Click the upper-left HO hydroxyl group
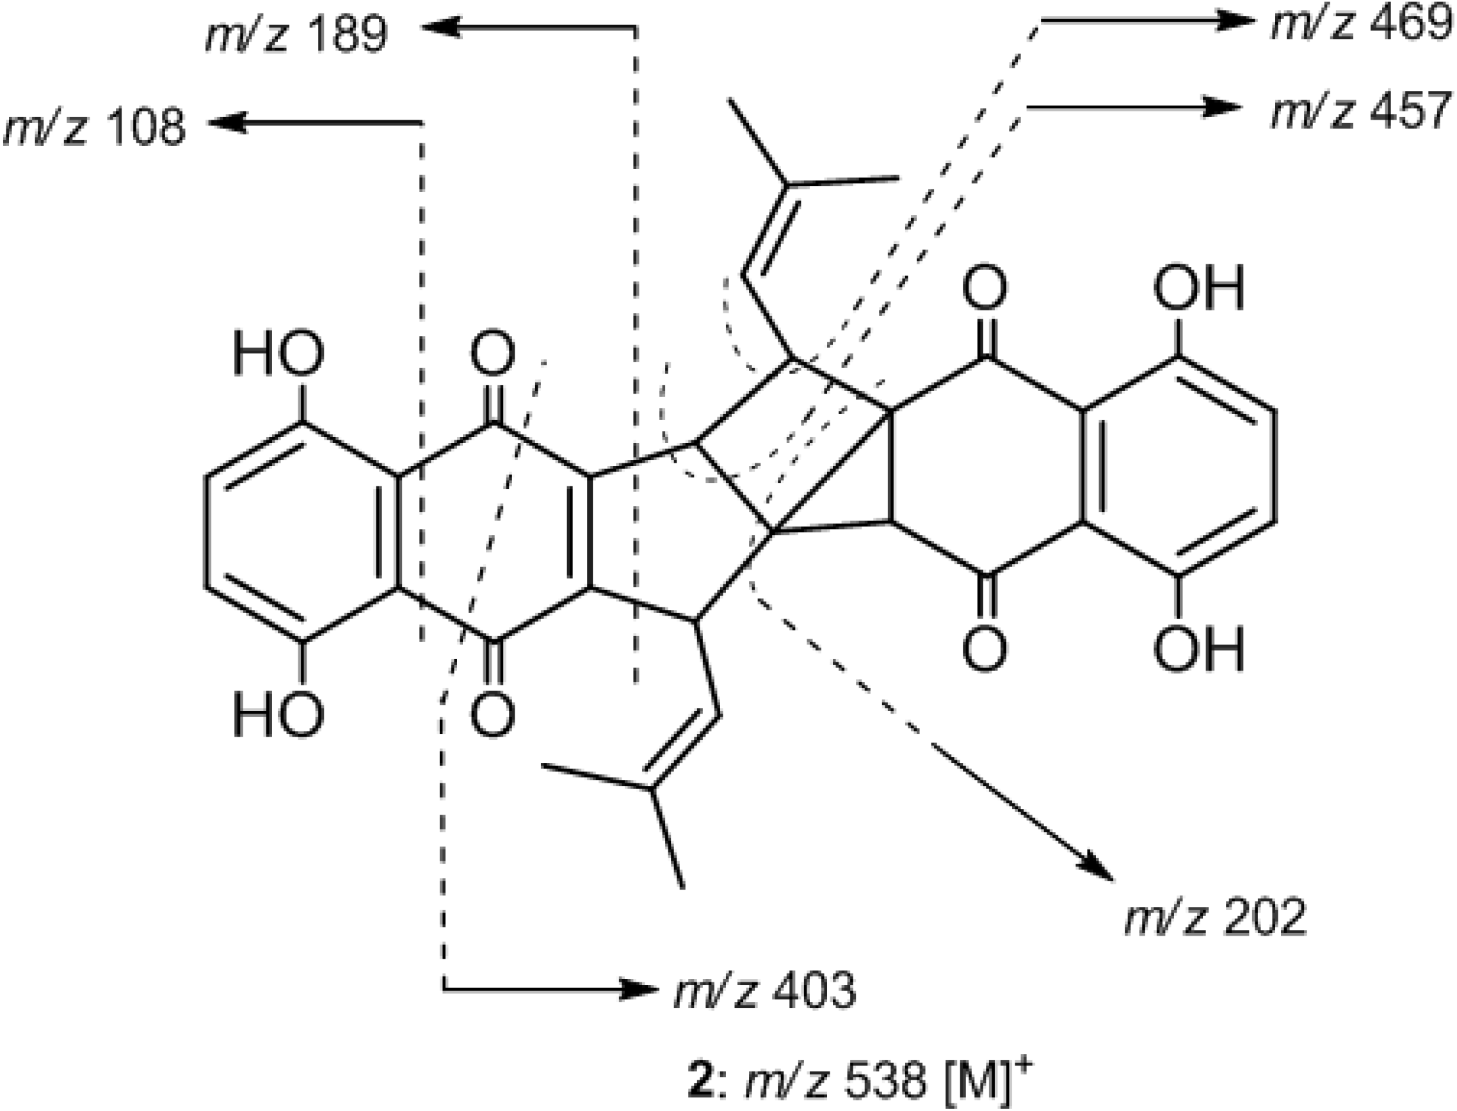tap(278, 353)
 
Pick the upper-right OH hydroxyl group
tap(1199, 289)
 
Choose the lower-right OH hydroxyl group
tap(1199, 649)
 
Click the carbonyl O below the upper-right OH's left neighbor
tap(985, 649)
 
